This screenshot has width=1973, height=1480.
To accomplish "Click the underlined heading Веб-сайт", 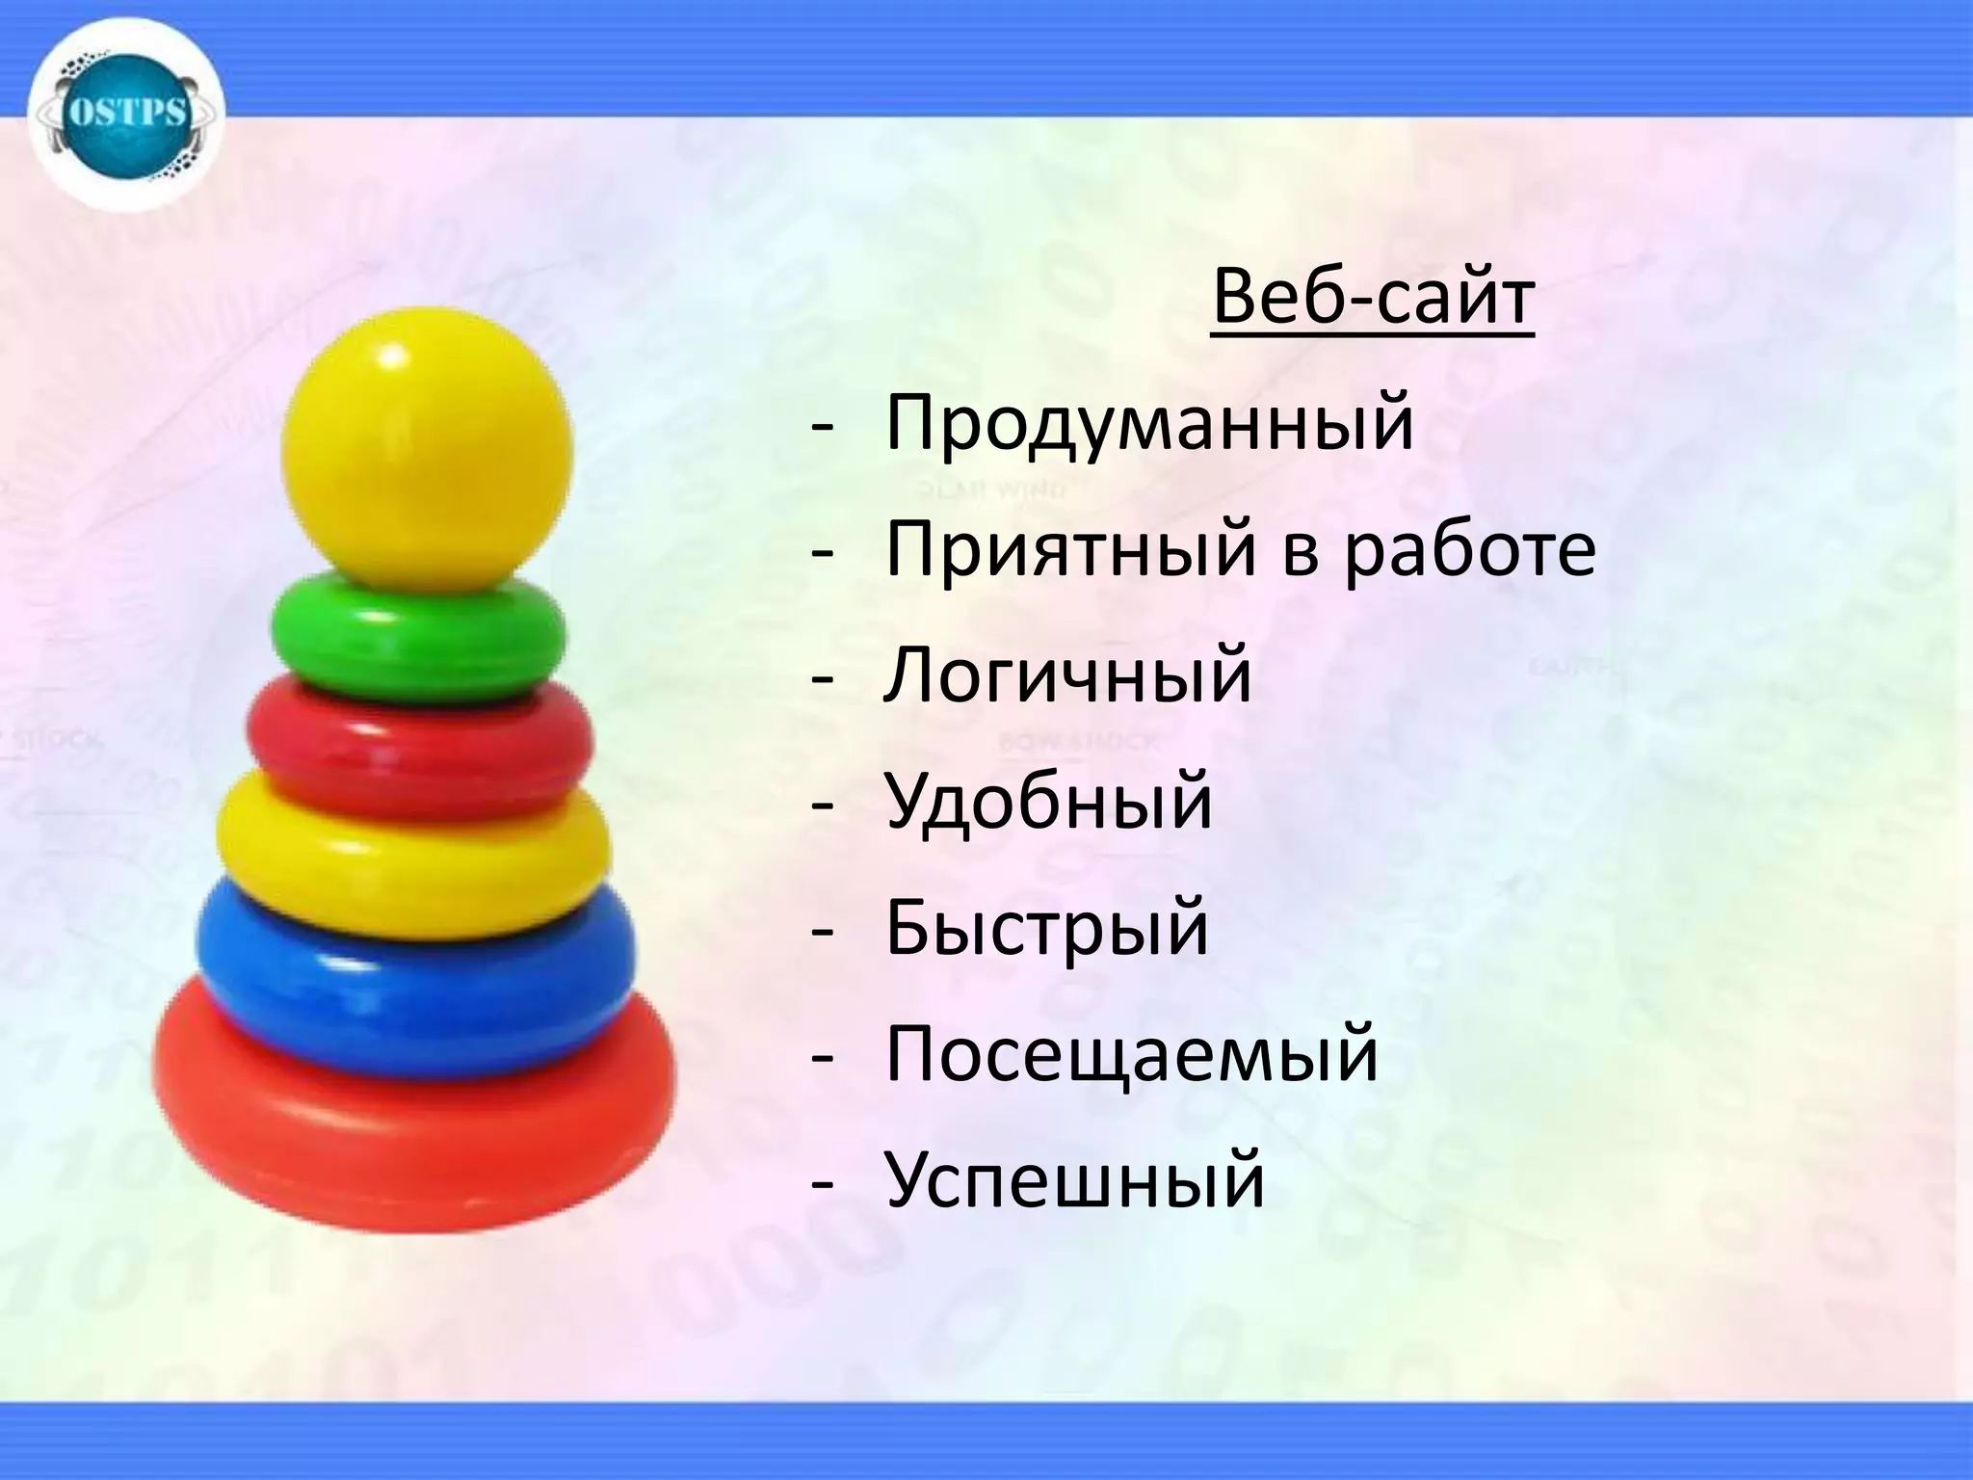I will click(1372, 298).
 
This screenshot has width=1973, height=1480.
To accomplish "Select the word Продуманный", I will click(1149, 425).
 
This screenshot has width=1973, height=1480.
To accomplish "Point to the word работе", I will click(1470, 551).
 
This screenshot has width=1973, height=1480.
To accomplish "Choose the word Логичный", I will click(1068, 676).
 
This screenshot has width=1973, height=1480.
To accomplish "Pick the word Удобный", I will click(1049, 803).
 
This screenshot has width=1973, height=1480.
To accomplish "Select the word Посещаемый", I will click(1132, 1055).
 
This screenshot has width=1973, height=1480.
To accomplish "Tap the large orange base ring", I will click(414, 1137).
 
